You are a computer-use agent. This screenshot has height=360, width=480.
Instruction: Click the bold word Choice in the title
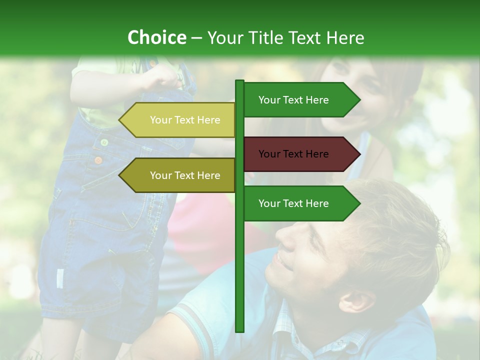point(156,37)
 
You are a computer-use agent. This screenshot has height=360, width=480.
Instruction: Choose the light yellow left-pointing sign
point(177,120)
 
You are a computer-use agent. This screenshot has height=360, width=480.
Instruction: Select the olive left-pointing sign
point(177,175)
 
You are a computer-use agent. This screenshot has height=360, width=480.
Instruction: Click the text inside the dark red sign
point(293,154)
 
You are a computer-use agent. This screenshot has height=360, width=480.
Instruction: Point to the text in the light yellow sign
point(185,120)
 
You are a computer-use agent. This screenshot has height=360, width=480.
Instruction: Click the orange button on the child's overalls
point(98,160)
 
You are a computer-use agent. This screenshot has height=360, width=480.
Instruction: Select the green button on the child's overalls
point(104,142)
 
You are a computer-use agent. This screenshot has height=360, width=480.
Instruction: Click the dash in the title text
point(196,38)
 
